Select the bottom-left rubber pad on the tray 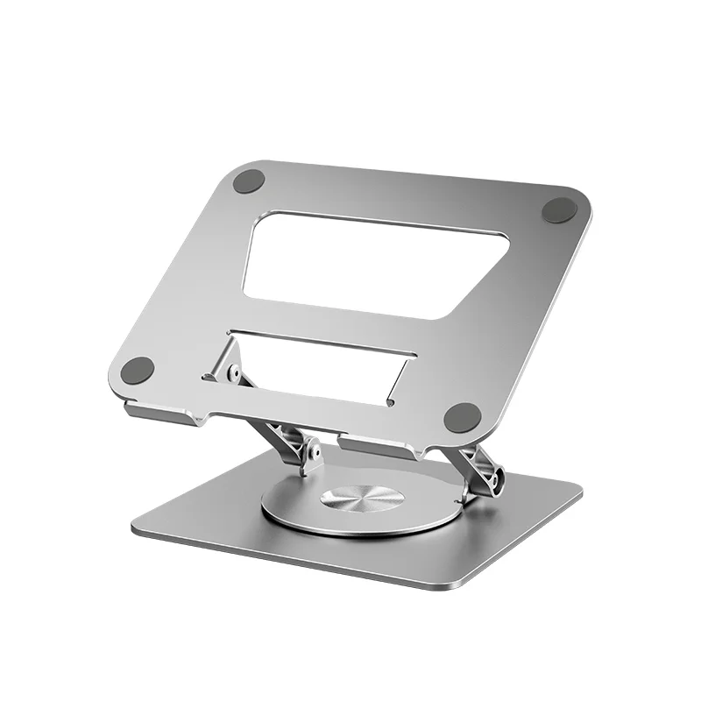pyautogui.click(x=138, y=370)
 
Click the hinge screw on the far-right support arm pyautogui.click(x=497, y=481)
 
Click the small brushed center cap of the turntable pyautogui.click(x=362, y=499)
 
